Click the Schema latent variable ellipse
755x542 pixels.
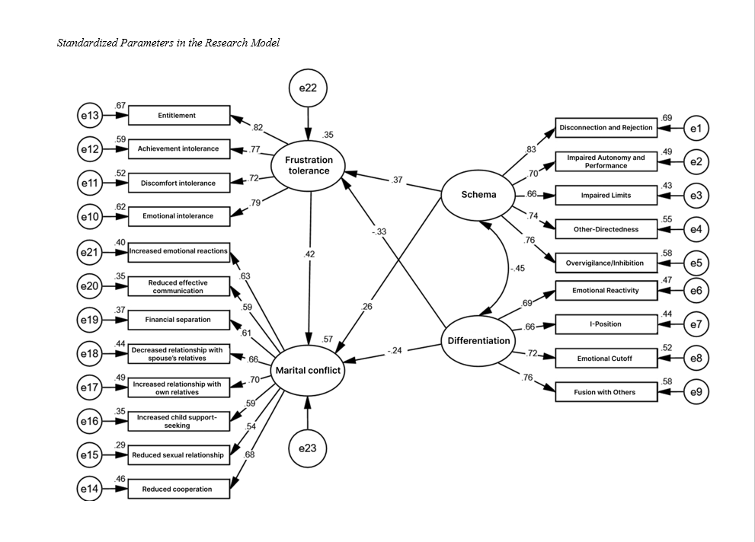(478, 195)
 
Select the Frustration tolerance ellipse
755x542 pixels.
(309, 165)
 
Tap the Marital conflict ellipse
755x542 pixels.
(308, 371)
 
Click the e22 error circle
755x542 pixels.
(308, 88)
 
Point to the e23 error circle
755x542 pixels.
(307, 448)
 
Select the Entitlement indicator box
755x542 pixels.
(178, 116)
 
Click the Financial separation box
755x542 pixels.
(178, 320)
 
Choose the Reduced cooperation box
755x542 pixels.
(178, 489)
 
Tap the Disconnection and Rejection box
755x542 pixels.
(606, 128)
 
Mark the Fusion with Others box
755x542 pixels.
(606, 392)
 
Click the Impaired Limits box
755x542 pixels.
(606, 196)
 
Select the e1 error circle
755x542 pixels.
(696, 129)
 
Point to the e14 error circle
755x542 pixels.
(90, 489)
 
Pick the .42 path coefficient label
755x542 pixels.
(309, 254)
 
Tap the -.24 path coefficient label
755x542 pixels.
(394, 351)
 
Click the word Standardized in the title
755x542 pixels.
(87, 43)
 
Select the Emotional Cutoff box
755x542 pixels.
(606, 358)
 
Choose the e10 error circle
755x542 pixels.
(90, 217)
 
